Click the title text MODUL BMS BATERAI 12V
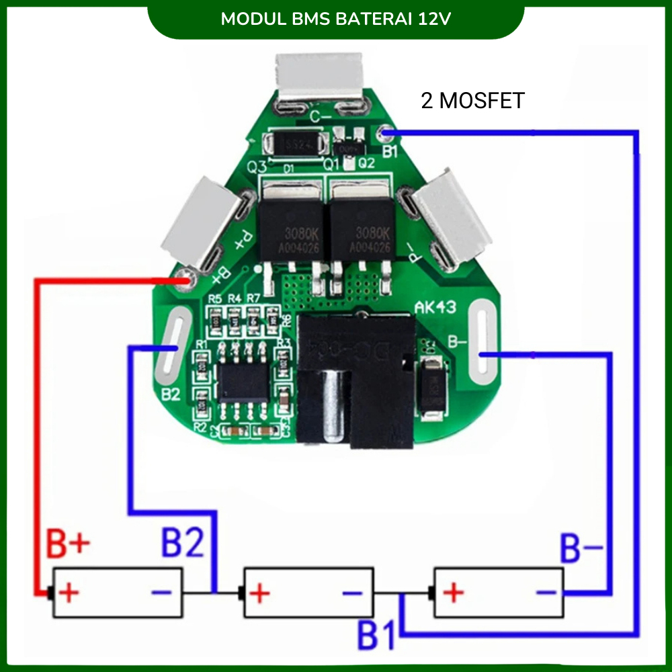[x=335, y=18]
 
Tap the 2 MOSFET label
[x=472, y=101]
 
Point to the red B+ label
[x=67, y=545]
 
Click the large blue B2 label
[x=181, y=543]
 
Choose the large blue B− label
[x=582, y=550]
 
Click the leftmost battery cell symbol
[x=118, y=593]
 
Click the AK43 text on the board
[x=435, y=308]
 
